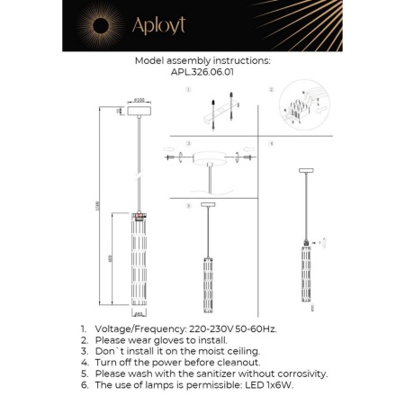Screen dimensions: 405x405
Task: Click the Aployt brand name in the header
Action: (x=158, y=26)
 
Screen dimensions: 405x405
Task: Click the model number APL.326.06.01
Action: (x=202, y=75)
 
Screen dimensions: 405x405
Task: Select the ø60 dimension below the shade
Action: (x=139, y=315)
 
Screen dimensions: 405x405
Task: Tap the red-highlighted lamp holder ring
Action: (x=139, y=216)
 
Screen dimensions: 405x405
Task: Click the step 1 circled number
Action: (x=186, y=90)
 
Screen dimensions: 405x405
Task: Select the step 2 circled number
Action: (x=270, y=90)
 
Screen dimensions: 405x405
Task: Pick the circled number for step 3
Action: (x=186, y=143)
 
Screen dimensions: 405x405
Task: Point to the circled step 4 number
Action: (x=270, y=143)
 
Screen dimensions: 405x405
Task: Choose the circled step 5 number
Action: (x=186, y=206)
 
